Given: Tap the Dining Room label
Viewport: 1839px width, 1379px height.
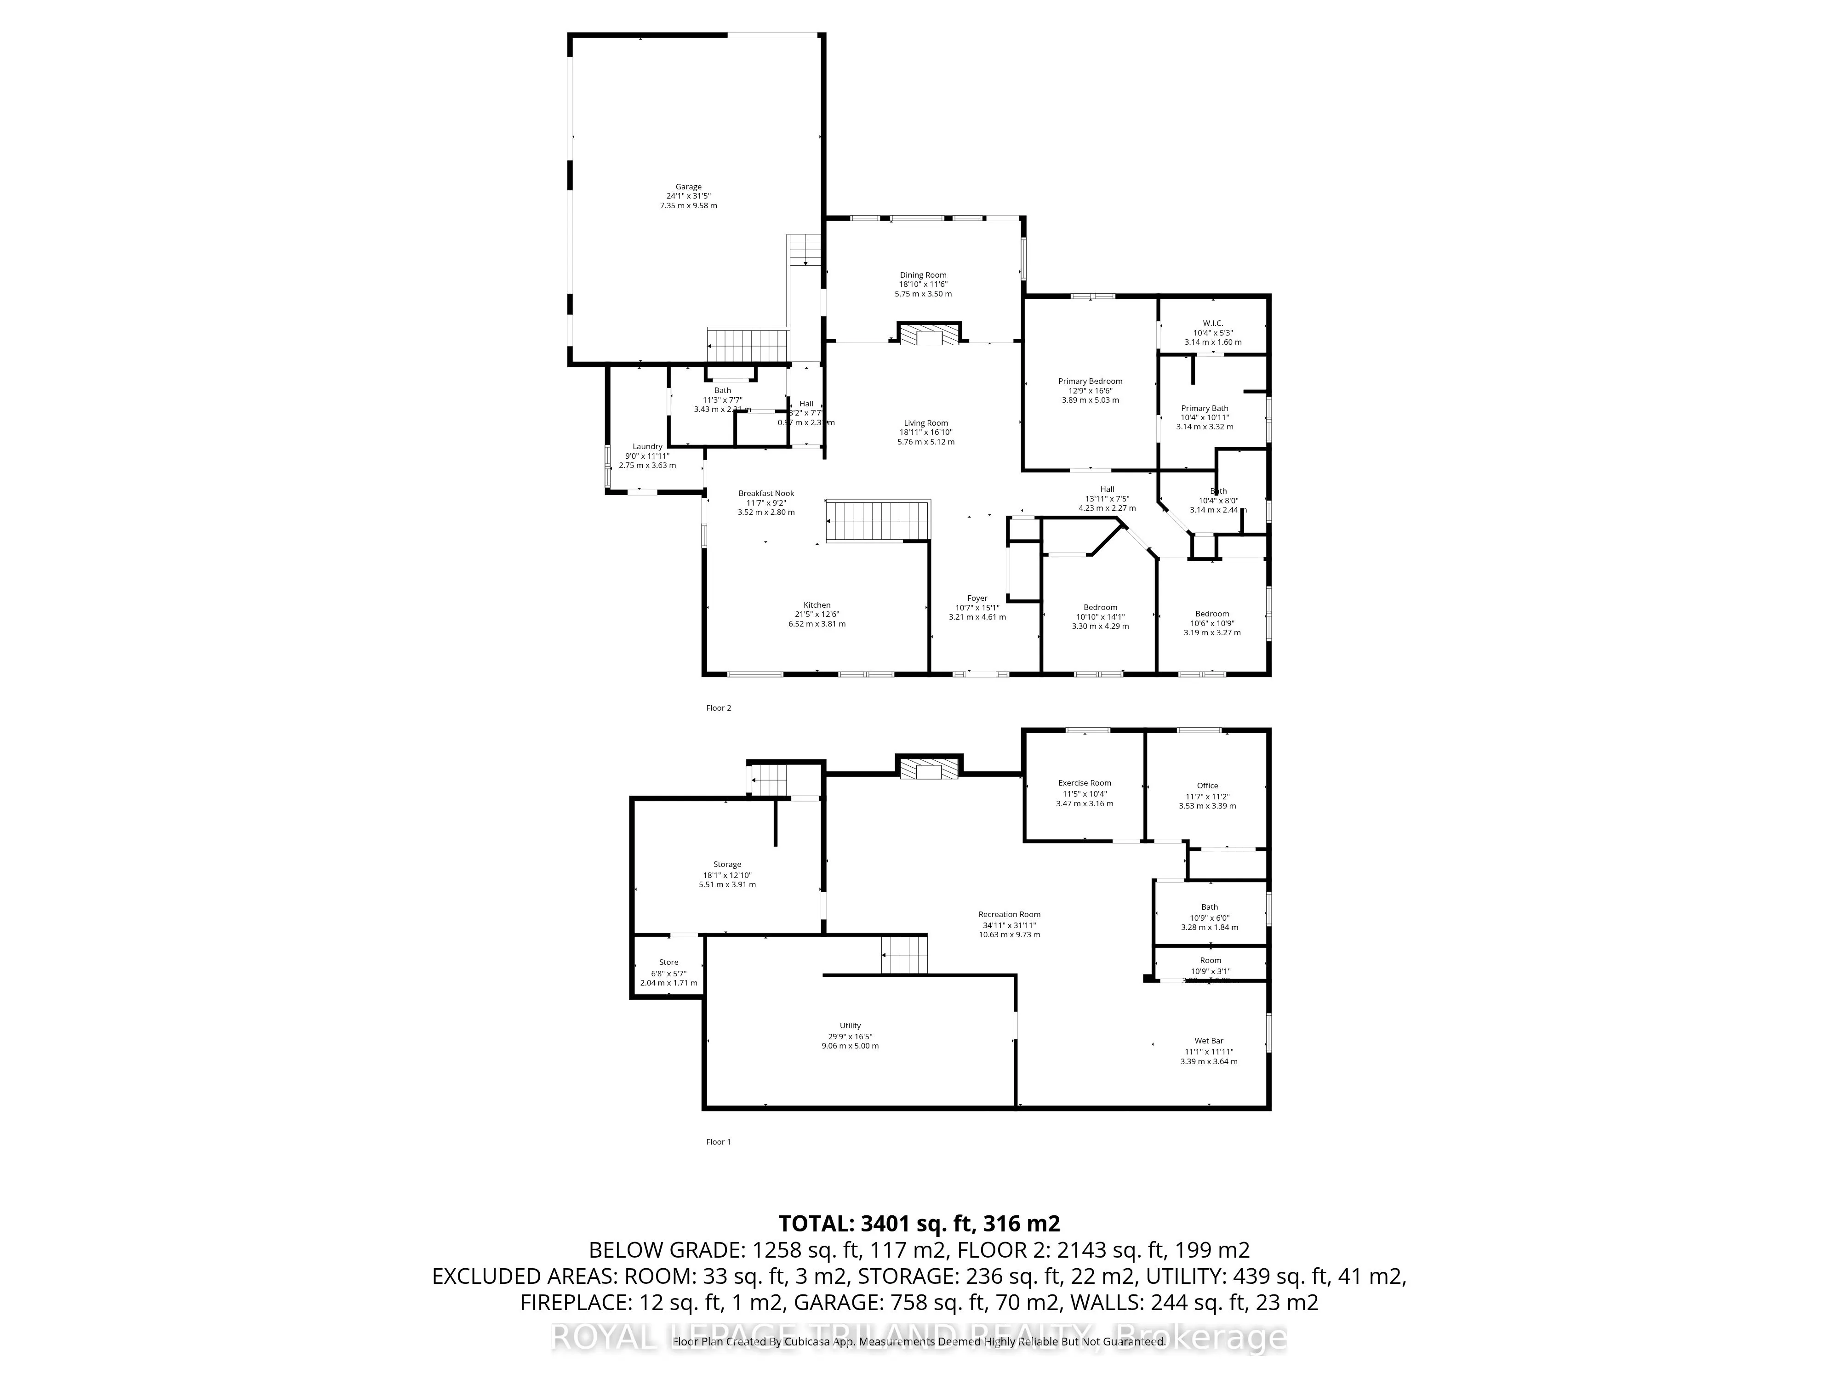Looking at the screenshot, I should pos(923,275).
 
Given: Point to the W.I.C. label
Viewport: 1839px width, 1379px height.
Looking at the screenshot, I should pos(1212,323).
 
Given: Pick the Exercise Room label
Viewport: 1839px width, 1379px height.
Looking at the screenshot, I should pos(1084,783).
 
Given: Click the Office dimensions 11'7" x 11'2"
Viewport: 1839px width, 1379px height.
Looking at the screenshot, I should pos(1207,796).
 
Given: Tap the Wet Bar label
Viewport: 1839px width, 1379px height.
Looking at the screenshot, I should pos(1209,1041).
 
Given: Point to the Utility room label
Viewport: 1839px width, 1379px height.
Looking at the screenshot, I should pos(850,1026).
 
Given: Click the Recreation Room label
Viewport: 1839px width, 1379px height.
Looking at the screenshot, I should pos(1009,914).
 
